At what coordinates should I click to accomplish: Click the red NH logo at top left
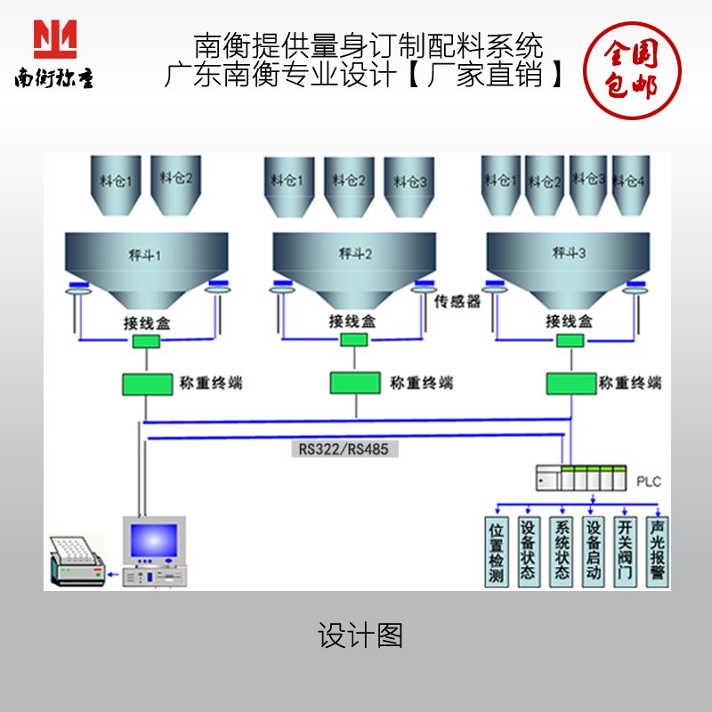click(x=55, y=38)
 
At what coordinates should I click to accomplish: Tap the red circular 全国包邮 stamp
click(x=630, y=69)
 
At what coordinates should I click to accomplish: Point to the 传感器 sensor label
click(x=457, y=302)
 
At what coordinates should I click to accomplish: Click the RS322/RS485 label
click(x=344, y=449)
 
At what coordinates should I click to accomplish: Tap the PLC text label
click(x=650, y=481)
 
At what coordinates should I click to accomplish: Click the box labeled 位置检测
click(x=497, y=552)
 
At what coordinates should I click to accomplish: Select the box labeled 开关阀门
click(x=626, y=552)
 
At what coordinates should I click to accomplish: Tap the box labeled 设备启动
click(x=594, y=552)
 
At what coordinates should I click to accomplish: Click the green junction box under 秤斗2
click(x=354, y=340)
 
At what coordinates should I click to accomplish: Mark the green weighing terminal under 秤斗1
click(x=147, y=384)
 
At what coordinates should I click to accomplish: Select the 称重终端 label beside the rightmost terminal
click(x=630, y=384)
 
